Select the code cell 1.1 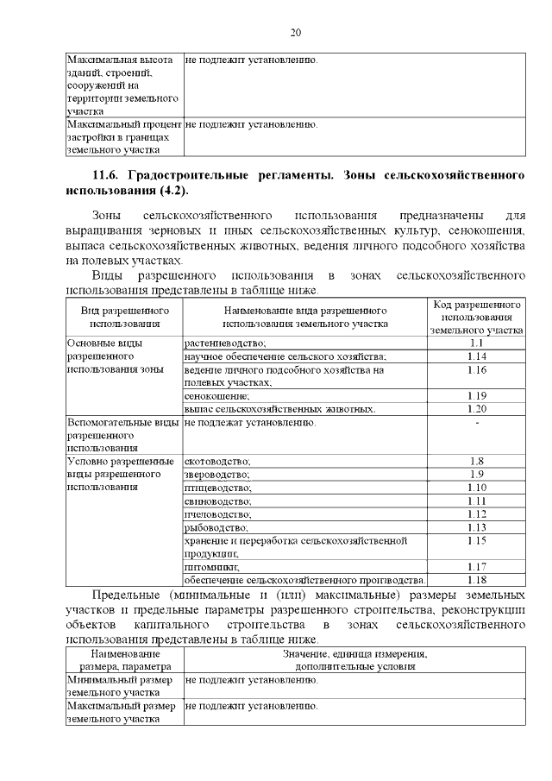click(x=476, y=343)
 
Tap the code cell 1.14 click(x=476, y=356)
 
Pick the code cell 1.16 click(x=476, y=369)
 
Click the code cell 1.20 click(x=476, y=408)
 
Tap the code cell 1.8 click(x=476, y=461)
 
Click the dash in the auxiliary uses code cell click(x=476, y=422)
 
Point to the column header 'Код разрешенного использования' click(x=476, y=317)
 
